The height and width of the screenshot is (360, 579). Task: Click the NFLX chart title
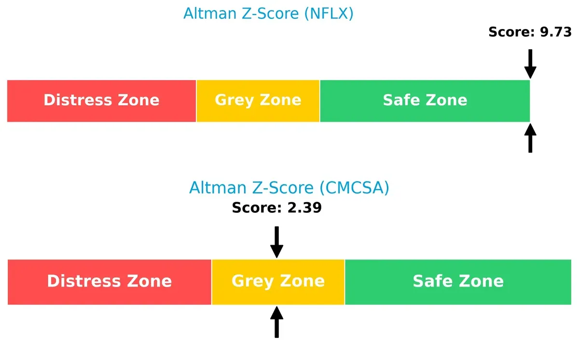click(268, 14)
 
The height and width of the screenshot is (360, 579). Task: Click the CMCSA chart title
click(289, 187)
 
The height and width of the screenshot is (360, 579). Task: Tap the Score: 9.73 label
click(530, 32)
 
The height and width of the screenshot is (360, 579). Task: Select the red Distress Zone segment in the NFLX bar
click(101, 100)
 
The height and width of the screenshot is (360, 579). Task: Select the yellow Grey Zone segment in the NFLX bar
click(258, 100)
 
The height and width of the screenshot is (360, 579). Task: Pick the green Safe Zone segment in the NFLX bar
click(425, 100)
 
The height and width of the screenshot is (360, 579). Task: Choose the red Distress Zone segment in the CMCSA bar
click(109, 281)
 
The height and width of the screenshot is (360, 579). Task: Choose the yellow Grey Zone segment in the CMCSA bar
click(278, 281)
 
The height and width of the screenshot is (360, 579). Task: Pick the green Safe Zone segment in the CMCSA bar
click(458, 281)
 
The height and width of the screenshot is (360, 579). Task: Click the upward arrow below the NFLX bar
click(530, 138)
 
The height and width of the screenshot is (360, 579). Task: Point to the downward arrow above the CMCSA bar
click(276, 242)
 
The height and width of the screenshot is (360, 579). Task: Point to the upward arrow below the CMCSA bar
click(276, 322)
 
